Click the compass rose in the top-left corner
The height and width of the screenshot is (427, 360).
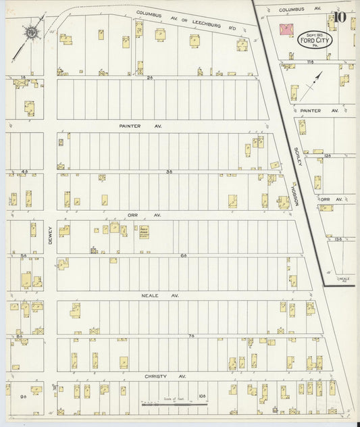pyautogui.click(x=31, y=31)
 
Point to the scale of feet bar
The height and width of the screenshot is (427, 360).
pyautogui.click(x=174, y=404)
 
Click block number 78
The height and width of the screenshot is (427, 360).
pyautogui.click(x=191, y=335)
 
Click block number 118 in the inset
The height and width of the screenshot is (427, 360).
pyautogui.click(x=310, y=61)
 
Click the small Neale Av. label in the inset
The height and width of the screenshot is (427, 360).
pyautogui.click(x=344, y=279)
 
